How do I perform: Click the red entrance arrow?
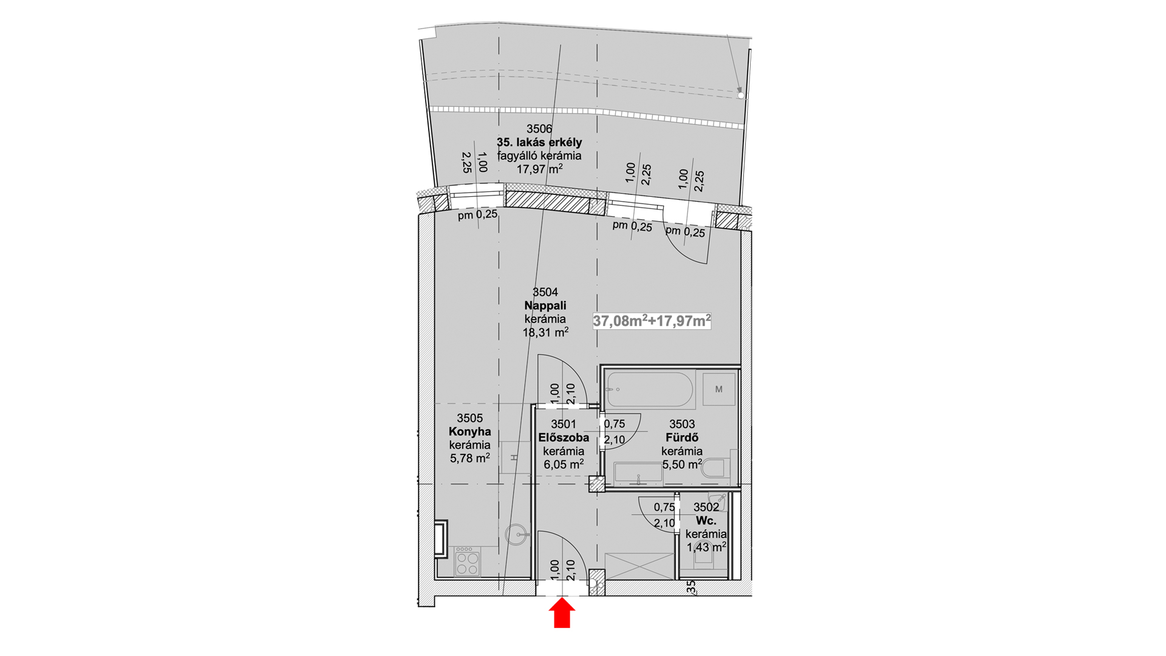[563, 613]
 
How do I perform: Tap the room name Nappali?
[545, 306]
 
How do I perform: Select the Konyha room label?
[470, 432]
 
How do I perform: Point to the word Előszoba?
[564, 437]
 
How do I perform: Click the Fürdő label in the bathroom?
[682, 437]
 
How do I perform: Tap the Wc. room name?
[706, 521]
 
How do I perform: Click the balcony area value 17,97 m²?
[539, 169]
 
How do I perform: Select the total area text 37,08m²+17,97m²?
[652, 321]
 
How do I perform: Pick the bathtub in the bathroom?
[650, 389]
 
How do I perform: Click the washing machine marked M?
[719, 389]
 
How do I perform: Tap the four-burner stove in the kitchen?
[468, 561]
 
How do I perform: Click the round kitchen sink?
[517, 535]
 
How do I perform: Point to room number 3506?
[539, 129]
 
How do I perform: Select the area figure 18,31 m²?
[545, 332]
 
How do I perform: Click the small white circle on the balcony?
[741, 95]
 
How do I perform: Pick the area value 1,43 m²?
[706, 547]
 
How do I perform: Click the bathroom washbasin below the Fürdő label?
[639, 474]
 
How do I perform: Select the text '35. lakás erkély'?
[539, 142]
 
